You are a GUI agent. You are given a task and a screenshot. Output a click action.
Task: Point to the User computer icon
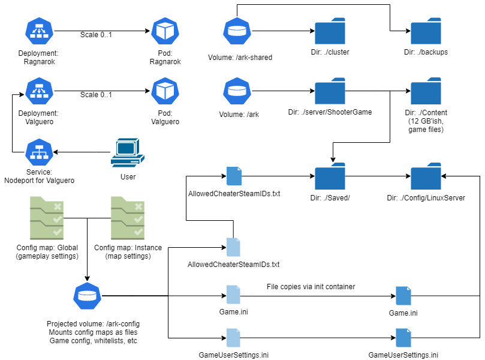click(128, 153)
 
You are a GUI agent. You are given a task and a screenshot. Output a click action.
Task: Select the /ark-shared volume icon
click(236, 31)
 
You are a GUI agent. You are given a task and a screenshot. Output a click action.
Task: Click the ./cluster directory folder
click(330, 31)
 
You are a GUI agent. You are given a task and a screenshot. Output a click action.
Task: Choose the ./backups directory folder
click(426, 31)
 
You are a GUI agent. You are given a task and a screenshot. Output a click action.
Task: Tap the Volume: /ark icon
click(236, 91)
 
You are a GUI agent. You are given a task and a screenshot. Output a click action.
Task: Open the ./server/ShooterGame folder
click(330, 91)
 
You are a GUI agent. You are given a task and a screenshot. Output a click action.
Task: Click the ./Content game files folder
click(426, 91)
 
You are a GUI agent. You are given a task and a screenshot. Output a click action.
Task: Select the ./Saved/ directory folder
click(330, 176)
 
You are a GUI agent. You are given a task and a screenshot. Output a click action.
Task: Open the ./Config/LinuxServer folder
click(426, 176)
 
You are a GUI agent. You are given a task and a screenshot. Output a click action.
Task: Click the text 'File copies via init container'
click(311, 287)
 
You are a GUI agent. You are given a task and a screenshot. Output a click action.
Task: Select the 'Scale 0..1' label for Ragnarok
click(96, 35)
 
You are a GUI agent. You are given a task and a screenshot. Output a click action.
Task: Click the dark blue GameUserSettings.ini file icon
click(403, 338)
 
